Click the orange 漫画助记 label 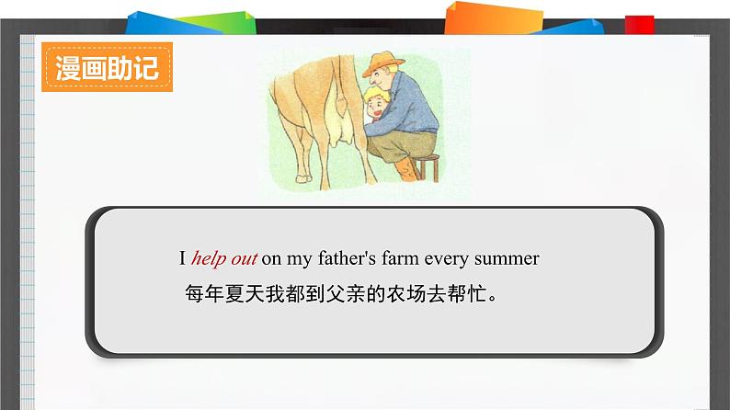[107, 68]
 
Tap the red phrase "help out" [224, 259]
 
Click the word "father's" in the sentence [349, 259]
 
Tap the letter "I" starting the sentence [183, 259]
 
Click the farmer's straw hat [381, 65]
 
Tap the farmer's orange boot [405, 170]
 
